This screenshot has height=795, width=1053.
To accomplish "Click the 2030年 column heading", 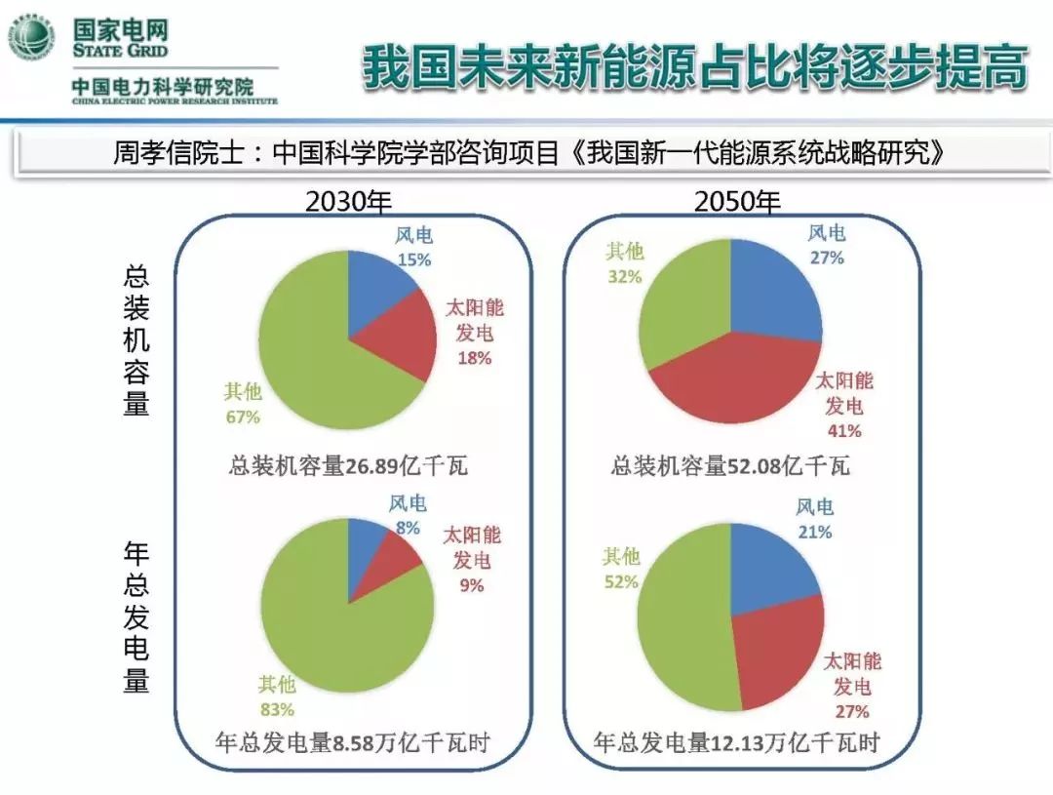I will coord(348,202).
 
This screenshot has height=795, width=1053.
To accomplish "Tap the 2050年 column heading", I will coord(737,202).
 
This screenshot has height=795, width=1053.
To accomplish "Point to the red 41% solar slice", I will coord(741,380).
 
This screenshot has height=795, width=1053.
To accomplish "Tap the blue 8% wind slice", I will coord(366,541).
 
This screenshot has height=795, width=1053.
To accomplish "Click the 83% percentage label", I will coord(276,709).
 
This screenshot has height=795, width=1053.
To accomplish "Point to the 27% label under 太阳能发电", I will coord(851,711).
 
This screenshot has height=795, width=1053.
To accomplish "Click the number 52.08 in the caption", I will coord(757,466).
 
